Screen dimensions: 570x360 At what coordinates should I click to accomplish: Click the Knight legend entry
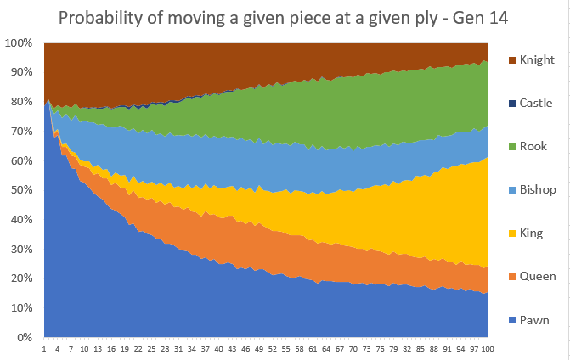click(x=532, y=59)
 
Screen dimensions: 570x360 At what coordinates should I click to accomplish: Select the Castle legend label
click(x=531, y=104)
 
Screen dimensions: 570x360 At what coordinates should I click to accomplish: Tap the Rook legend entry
click(x=528, y=146)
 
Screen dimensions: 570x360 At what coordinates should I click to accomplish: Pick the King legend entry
click(x=526, y=233)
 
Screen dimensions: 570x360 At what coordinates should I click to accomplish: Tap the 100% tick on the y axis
click(x=19, y=42)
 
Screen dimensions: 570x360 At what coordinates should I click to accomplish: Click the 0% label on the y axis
click(x=25, y=337)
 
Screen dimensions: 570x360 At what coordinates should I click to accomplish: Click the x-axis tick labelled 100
click(x=488, y=349)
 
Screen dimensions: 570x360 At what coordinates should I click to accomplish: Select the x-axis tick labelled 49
click(x=259, y=349)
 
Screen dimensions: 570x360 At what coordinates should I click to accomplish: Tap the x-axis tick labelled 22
click(x=138, y=349)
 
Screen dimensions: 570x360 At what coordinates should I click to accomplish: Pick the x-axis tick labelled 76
click(x=380, y=349)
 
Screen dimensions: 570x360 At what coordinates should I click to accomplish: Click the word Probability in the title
click(x=101, y=18)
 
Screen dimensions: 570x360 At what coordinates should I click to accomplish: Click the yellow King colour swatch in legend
click(x=512, y=233)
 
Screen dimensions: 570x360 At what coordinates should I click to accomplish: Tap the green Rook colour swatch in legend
click(x=512, y=147)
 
